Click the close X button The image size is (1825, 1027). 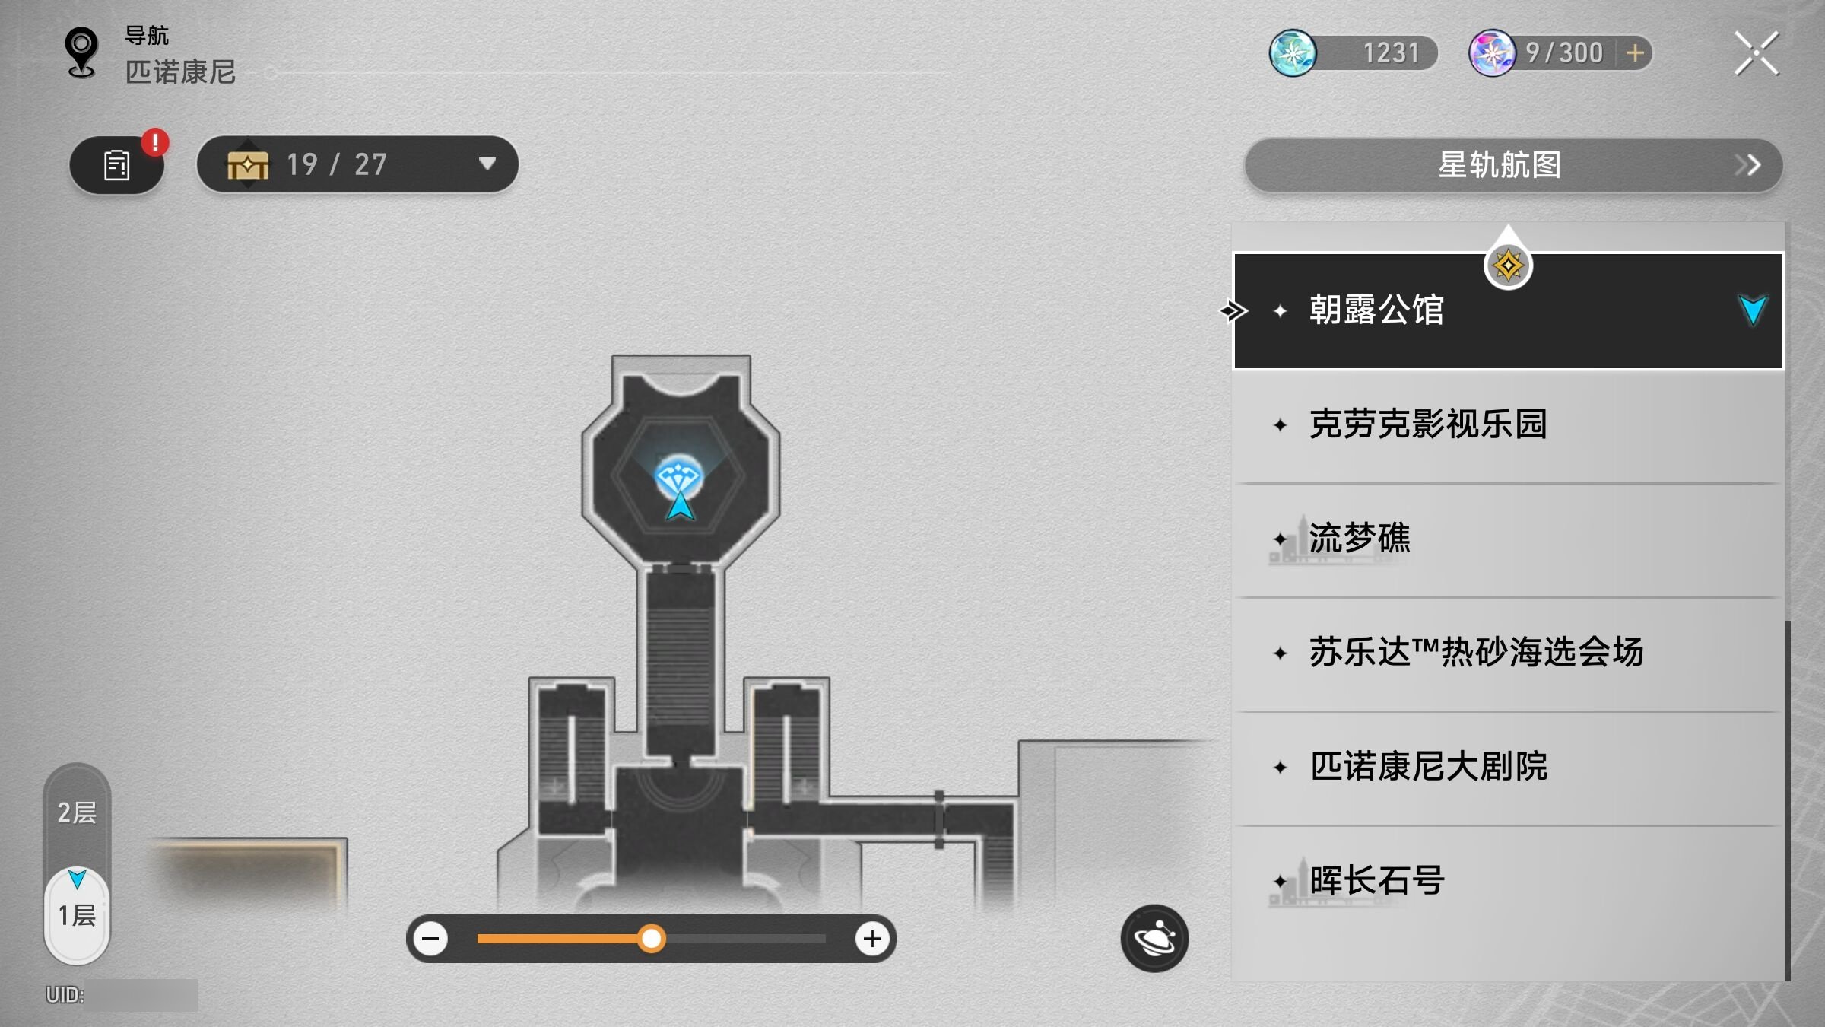pos(1756,53)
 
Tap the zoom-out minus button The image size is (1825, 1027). pos(430,939)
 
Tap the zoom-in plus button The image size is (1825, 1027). pos(871,939)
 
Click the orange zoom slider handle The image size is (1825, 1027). pos(651,939)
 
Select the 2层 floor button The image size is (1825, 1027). pos(77,812)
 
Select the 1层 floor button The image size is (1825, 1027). pos(77,914)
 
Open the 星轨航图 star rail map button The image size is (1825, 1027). pos(1513,165)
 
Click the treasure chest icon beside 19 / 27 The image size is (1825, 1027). pos(248,164)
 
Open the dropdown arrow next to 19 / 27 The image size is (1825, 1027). pos(487,164)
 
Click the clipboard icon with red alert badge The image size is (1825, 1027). pos(117,165)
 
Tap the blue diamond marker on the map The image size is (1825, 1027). pos(678,478)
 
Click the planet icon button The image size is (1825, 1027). pos(1154,938)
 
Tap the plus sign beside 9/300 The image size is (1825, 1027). pos(1635,53)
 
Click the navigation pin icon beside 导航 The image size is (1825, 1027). pos(81,52)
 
